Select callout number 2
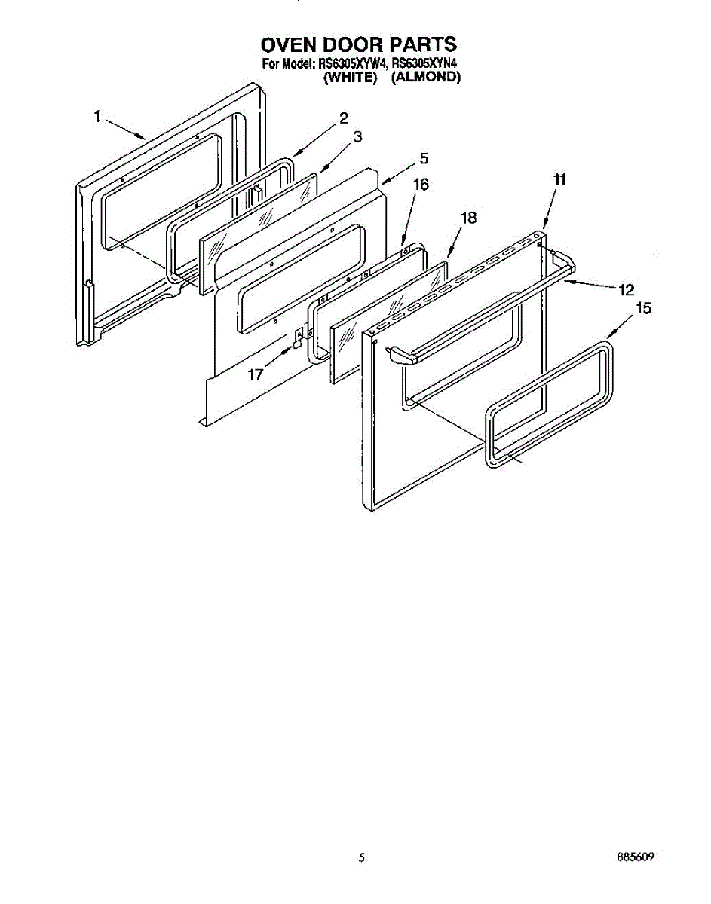(x=343, y=118)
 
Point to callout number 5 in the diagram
(x=424, y=158)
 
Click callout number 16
(x=421, y=184)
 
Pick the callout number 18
(x=468, y=218)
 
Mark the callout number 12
(x=626, y=289)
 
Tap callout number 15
(x=643, y=307)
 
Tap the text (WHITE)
(x=349, y=77)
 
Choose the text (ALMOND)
(x=426, y=77)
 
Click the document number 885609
(x=634, y=857)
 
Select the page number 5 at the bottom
(x=362, y=857)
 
